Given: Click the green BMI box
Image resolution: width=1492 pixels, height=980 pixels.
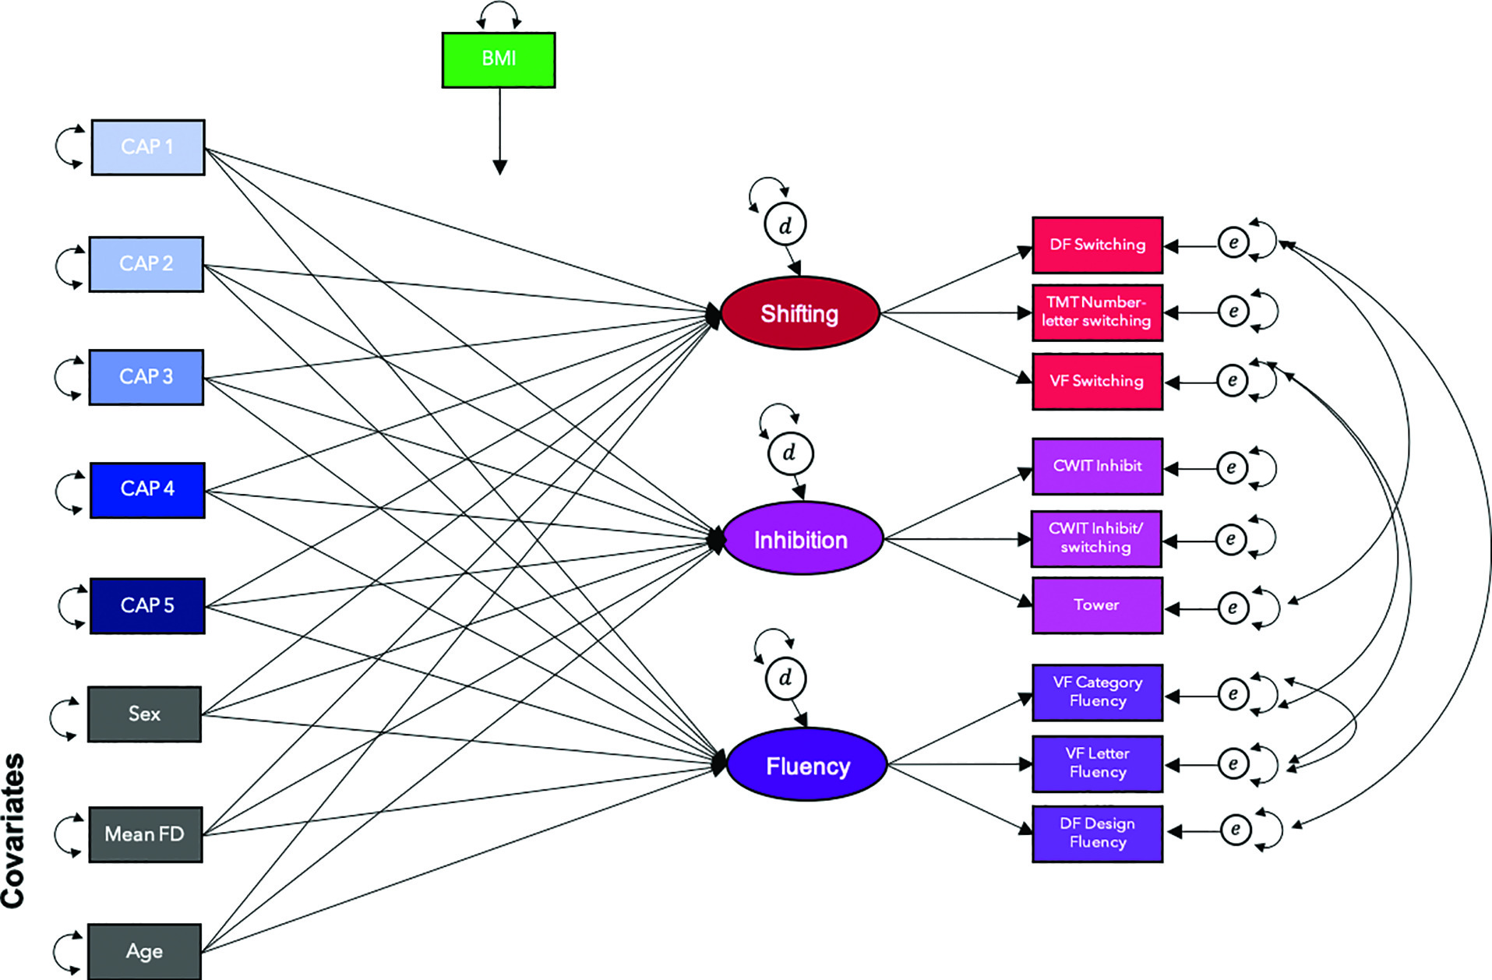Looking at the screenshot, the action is (x=499, y=60).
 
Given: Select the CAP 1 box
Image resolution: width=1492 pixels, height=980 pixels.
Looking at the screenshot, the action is (x=148, y=147).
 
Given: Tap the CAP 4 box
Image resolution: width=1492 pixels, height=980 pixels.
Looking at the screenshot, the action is (x=147, y=490).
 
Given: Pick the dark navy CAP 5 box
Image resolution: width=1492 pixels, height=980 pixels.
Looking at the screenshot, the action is (x=147, y=606).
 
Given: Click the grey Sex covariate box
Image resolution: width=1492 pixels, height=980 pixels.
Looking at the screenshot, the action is (x=144, y=714).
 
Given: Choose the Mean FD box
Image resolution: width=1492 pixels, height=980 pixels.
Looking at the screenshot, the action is (x=145, y=834).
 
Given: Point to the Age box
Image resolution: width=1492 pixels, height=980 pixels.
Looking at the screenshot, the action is (x=144, y=951).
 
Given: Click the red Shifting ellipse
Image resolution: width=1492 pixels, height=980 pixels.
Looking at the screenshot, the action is (x=800, y=313).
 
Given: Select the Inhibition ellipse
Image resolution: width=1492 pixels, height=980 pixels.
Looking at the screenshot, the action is (x=802, y=539).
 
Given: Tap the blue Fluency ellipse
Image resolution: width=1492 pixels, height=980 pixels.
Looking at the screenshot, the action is (x=807, y=765).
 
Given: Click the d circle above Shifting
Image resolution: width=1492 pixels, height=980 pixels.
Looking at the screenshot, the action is (x=785, y=225).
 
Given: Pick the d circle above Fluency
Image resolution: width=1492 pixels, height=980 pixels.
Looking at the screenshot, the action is (x=785, y=678).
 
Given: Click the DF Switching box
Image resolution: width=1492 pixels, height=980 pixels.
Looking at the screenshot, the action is (x=1098, y=245).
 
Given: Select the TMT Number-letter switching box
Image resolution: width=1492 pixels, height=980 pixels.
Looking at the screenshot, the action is (x=1098, y=312).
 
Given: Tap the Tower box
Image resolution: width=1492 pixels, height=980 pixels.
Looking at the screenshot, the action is (x=1098, y=605).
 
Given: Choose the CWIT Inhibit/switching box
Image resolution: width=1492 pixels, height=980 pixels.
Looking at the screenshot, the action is (x=1096, y=538).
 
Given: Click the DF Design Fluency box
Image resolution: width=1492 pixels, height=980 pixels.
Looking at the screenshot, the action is (x=1098, y=834).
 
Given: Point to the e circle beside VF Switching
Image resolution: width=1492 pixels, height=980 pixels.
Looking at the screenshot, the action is (x=1233, y=381).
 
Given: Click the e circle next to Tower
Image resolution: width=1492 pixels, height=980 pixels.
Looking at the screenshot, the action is (x=1233, y=608).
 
